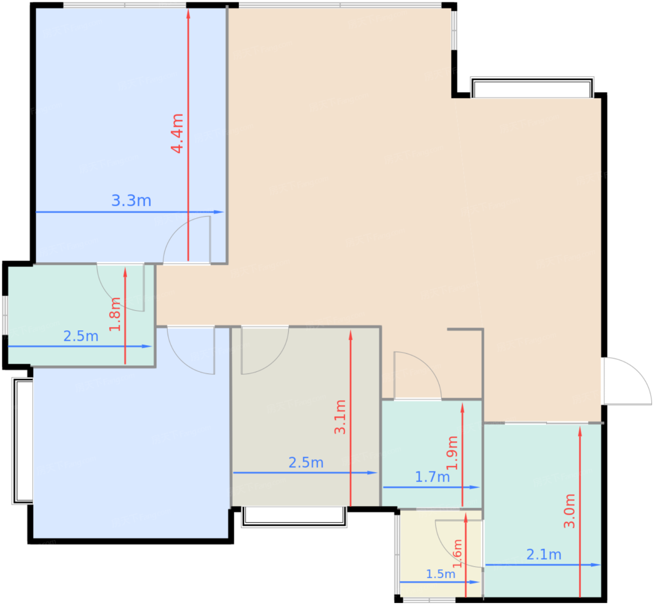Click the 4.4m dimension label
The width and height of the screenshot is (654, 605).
click(x=177, y=134)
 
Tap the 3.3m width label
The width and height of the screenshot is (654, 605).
click(x=131, y=200)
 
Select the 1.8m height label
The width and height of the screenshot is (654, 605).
click(x=115, y=314)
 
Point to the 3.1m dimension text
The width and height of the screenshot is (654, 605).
click(x=340, y=417)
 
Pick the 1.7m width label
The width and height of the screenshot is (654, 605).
click(x=432, y=477)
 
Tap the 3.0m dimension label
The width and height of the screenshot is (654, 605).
click(x=569, y=511)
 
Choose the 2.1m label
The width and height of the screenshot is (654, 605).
click(x=544, y=555)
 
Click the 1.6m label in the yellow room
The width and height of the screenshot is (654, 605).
click(x=457, y=554)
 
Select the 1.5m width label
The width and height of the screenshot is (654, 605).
click(x=441, y=574)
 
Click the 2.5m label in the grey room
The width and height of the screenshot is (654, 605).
click(x=306, y=463)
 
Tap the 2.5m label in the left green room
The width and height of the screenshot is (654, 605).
click(x=81, y=336)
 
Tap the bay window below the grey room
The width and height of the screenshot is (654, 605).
click(x=294, y=517)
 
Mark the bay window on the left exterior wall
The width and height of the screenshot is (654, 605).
click(x=23, y=441)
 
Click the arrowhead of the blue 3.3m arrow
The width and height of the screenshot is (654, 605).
click(x=219, y=212)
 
